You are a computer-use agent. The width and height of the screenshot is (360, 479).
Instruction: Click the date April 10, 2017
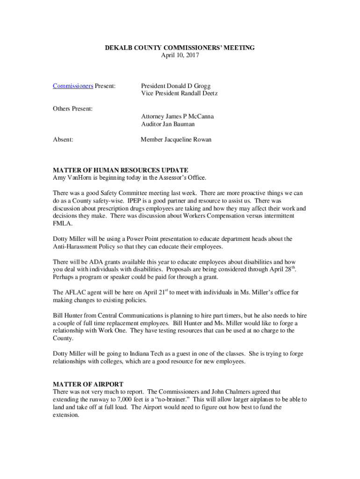[180, 55]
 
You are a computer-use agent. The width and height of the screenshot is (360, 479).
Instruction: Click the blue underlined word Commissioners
[73, 86]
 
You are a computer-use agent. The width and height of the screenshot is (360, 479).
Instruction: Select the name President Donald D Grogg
[176, 86]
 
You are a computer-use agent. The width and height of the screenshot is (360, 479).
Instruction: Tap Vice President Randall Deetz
[179, 93]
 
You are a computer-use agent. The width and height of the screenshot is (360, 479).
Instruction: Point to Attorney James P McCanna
[177, 116]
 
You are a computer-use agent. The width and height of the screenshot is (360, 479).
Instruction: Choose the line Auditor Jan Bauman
[168, 124]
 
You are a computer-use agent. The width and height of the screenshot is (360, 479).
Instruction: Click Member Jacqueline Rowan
[176, 139]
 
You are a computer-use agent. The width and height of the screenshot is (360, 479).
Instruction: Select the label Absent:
[63, 139]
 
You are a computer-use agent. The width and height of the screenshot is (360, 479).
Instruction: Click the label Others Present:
[72, 109]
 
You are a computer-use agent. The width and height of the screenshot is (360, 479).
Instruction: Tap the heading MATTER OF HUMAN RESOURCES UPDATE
[121, 170]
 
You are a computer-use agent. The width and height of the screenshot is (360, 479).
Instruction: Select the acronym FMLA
[62, 224]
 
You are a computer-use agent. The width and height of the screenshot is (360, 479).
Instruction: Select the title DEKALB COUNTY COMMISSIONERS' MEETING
[180, 48]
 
